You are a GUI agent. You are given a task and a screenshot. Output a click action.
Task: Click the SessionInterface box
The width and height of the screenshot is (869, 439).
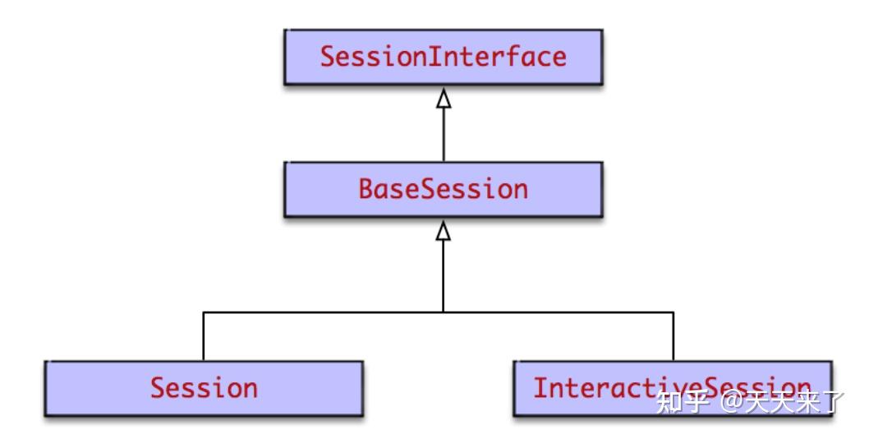coord(443,57)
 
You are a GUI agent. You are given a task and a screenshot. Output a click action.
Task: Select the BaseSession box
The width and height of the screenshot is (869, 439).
coord(443,189)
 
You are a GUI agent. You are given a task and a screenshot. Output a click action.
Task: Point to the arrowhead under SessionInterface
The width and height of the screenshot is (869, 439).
coord(444,99)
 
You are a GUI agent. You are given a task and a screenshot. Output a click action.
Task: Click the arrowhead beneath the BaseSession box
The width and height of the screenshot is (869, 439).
coord(444,231)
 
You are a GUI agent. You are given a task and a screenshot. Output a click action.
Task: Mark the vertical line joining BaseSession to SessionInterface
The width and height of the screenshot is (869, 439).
coord(444,136)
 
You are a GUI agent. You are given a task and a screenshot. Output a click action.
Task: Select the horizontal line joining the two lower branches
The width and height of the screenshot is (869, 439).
coord(329,312)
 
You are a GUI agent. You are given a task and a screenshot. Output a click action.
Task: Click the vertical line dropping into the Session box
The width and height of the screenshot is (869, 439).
coord(203,337)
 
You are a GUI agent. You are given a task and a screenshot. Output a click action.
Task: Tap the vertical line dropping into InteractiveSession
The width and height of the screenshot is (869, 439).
coord(674,337)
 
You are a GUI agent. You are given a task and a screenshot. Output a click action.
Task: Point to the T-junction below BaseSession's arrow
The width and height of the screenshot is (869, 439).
coord(444,312)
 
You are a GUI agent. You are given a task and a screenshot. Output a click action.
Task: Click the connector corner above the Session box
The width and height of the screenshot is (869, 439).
coord(203,312)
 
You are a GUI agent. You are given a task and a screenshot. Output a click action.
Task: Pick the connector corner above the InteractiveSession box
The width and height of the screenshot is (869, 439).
coord(674,312)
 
